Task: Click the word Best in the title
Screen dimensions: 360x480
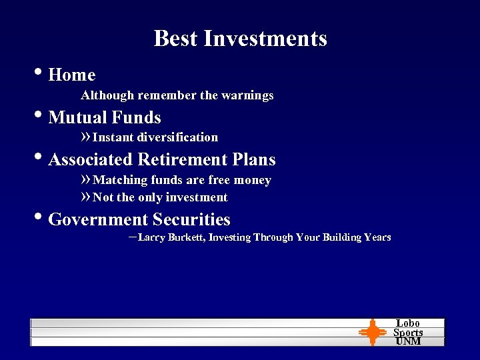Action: [x=175, y=39]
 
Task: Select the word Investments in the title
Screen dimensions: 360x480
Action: [x=265, y=39]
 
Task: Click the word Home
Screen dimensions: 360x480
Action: [x=72, y=75]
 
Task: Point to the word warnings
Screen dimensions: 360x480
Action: [x=247, y=95]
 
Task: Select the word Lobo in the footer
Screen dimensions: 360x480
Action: [x=408, y=323]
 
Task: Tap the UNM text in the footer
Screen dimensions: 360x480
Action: [x=408, y=341]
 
